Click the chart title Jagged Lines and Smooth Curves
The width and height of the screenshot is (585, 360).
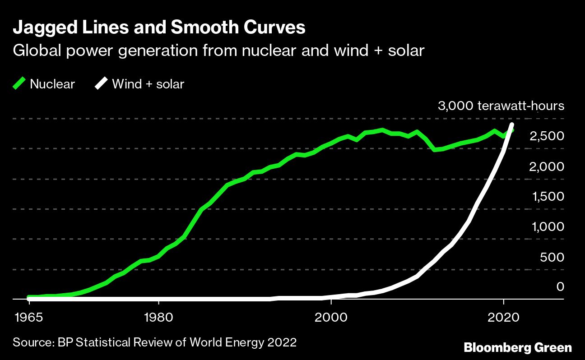pyautogui.click(x=159, y=28)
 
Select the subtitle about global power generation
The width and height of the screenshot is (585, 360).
pyautogui.click(x=219, y=51)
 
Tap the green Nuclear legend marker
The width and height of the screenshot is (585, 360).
pyautogui.click(x=19, y=83)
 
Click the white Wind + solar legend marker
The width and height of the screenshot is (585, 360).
pyautogui.click(x=102, y=83)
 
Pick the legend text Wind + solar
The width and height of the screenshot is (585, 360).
pyautogui.click(x=148, y=84)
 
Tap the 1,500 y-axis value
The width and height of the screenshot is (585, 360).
pyautogui.click(x=548, y=197)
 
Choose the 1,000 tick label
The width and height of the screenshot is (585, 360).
pyautogui.click(x=548, y=227)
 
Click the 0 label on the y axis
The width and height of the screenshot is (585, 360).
pyautogui.click(x=560, y=286)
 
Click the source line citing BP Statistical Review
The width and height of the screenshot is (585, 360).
pyautogui.click(x=155, y=342)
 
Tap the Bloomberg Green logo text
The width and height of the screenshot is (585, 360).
pyautogui.click(x=518, y=347)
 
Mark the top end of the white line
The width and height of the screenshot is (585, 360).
pyautogui.click(x=512, y=125)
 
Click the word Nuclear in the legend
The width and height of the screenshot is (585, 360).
pyautogui.click(x=52, y=84)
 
